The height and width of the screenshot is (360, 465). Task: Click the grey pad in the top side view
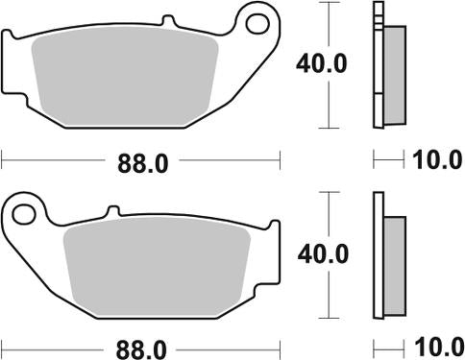click(x=391, y=72)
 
